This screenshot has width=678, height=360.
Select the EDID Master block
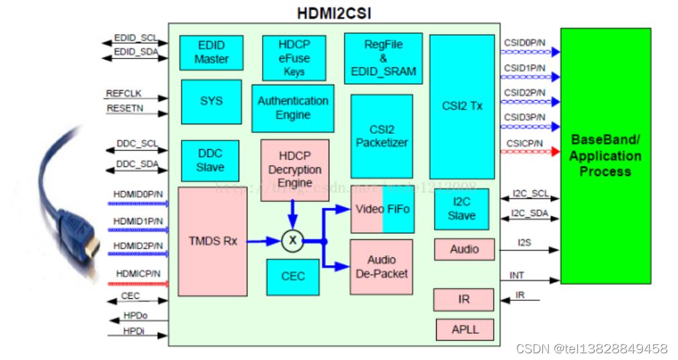click(211, 52)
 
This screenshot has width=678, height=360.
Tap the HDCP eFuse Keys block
click(294, 58)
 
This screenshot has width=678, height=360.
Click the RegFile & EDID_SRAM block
click(383, 58)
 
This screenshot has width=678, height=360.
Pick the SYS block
click(211, 101)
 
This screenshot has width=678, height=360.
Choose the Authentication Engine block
click(293, 108)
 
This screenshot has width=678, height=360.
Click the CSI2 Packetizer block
click(382, 136)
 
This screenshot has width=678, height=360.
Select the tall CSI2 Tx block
click(462, 106)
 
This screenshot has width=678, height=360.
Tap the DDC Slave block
click(210, 161)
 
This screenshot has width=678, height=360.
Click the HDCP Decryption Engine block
click(295, 170)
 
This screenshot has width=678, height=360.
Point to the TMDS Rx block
click(212, 241)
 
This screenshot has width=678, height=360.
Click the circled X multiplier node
click(292, 240)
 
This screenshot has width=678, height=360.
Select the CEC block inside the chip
click(293, 277)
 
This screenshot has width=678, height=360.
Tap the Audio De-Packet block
click(381, 266)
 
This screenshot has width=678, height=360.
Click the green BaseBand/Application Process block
click(605, 156)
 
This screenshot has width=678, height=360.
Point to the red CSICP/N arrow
click(531, 152)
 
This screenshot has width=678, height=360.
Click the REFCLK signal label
click(124, 94)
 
